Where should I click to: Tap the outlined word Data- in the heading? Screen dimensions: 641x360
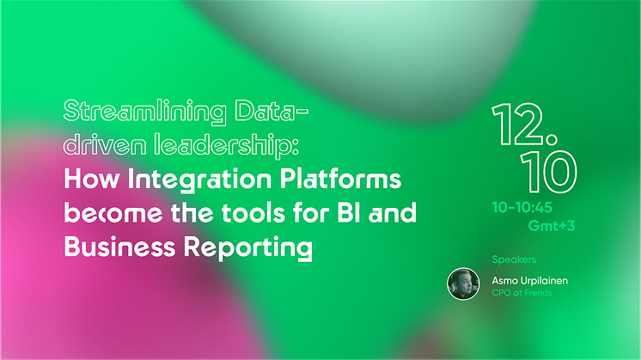pos(272,111)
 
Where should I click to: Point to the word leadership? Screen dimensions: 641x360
pos(227,145)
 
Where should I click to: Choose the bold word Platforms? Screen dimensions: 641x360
pos(340,179)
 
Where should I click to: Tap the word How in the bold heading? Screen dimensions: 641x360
pos(92,179)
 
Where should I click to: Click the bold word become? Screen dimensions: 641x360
pos(113,213)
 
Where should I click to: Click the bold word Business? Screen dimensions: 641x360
pos(119,247)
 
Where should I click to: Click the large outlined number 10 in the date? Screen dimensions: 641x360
pos(548,172)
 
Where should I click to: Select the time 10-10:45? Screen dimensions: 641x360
pos(522,208)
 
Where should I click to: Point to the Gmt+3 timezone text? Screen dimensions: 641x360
pos(552,226)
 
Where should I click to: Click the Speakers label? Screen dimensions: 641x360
pos(514,259)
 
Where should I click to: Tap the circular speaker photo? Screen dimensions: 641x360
pos(463,284)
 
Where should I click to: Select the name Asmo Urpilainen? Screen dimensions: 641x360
pos(529,281)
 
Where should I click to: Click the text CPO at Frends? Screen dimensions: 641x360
pos(522,293)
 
